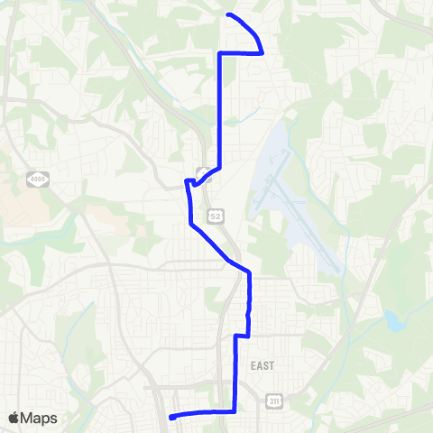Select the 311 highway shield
click(274, 400)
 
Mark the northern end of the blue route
click(227, 15)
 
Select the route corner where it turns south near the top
click(221, 53)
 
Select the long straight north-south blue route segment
click(221, 108)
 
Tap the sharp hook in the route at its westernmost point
click(187, 183)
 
